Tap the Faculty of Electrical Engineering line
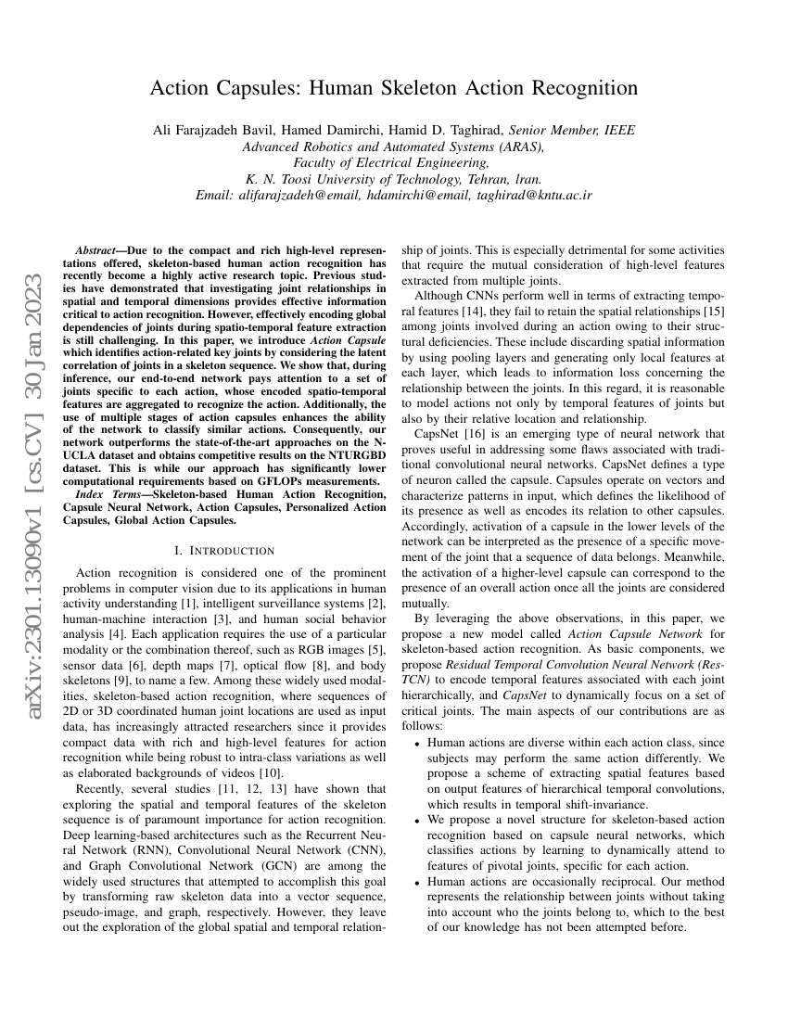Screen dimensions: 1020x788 [x=394, y=163]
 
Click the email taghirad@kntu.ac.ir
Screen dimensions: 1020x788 [x=534, y=196]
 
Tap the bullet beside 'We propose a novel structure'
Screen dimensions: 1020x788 [x=418, y=821]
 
